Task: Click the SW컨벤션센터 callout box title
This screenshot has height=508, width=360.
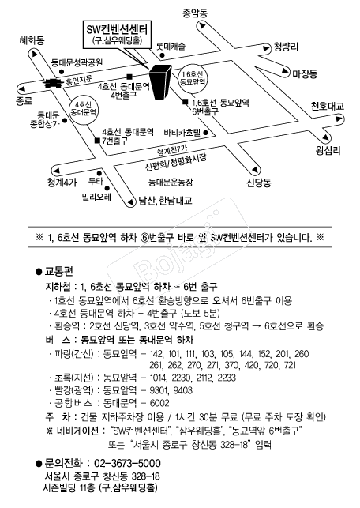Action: click(x=117, y=29)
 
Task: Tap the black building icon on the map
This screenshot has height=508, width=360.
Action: click(x=160, y=81)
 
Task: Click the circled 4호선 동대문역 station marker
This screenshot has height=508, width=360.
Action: click(x=83, y=109)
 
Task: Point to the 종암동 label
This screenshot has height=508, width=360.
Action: click(x=195, y=13)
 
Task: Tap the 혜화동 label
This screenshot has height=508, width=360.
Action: click(x=32, y=40)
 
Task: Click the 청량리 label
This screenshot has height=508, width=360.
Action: click(x=286, y=47)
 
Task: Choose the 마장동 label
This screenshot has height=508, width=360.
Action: click(x=305, y=74)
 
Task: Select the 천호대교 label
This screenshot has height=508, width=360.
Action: click(x=328, y=107)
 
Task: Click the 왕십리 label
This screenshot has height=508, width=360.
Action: click(x=328, y=151)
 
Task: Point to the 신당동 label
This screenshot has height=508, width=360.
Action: click(x=259, y=183)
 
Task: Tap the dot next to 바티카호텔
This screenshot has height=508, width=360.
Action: click(x=205, y=133)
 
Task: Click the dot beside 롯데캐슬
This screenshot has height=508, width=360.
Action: click(x=162, y=55)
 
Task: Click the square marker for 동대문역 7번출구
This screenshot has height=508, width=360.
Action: click(x=97, y=141)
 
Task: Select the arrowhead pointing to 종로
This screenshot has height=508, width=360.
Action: click(x=22, y=88)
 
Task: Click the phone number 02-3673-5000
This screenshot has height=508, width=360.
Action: click(x=127, y=463)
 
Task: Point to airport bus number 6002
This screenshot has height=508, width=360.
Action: click(x=159, y=403)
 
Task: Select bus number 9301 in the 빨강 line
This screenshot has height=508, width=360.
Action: click(x=159, y=390)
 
